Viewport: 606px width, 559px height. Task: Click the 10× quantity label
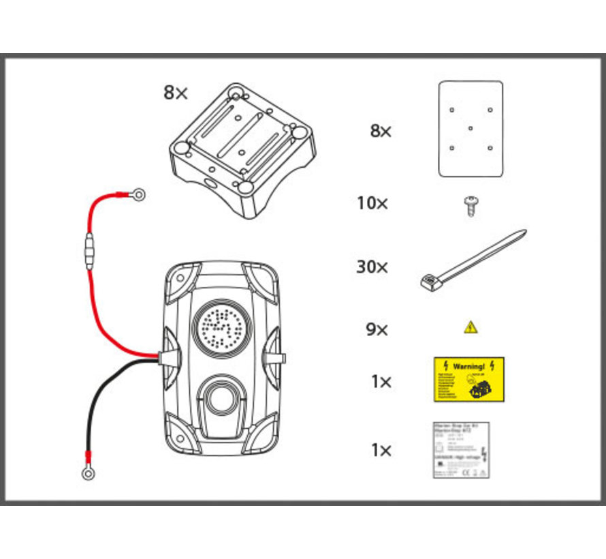click(372, 203)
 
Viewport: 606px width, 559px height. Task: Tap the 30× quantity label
click(372, 267)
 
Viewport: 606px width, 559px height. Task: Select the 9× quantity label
click(377, 330)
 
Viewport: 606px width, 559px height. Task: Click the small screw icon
click(469, 205)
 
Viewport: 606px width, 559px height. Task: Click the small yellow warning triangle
click(471, 328)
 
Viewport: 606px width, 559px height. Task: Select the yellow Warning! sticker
click(469, 379)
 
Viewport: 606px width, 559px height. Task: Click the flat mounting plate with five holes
click(471, 129)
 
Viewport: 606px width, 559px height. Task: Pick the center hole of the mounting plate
click(471, 127)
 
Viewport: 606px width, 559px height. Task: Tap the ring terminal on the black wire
click(88, 472)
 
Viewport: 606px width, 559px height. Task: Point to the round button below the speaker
click(219, 395)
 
